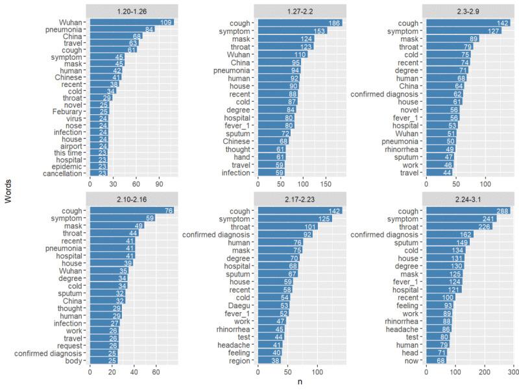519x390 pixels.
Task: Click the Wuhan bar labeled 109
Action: tap(132, 22)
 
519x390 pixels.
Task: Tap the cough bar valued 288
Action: tap(468, 211)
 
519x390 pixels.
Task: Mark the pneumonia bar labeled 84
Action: tap(122, 30)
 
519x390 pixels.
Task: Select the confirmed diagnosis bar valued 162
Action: tap(450, 234)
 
